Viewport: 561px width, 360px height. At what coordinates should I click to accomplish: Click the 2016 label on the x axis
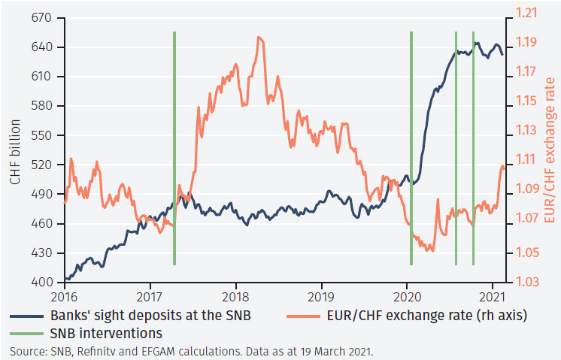click(65, 295)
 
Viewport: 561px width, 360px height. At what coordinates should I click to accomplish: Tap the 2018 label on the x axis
click(236, 295)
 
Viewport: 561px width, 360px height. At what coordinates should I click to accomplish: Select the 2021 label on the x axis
click(493, 295)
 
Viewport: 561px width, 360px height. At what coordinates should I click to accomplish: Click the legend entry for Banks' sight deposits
click(138, 313)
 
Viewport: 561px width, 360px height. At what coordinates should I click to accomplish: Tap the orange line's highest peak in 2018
click(259, 37)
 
